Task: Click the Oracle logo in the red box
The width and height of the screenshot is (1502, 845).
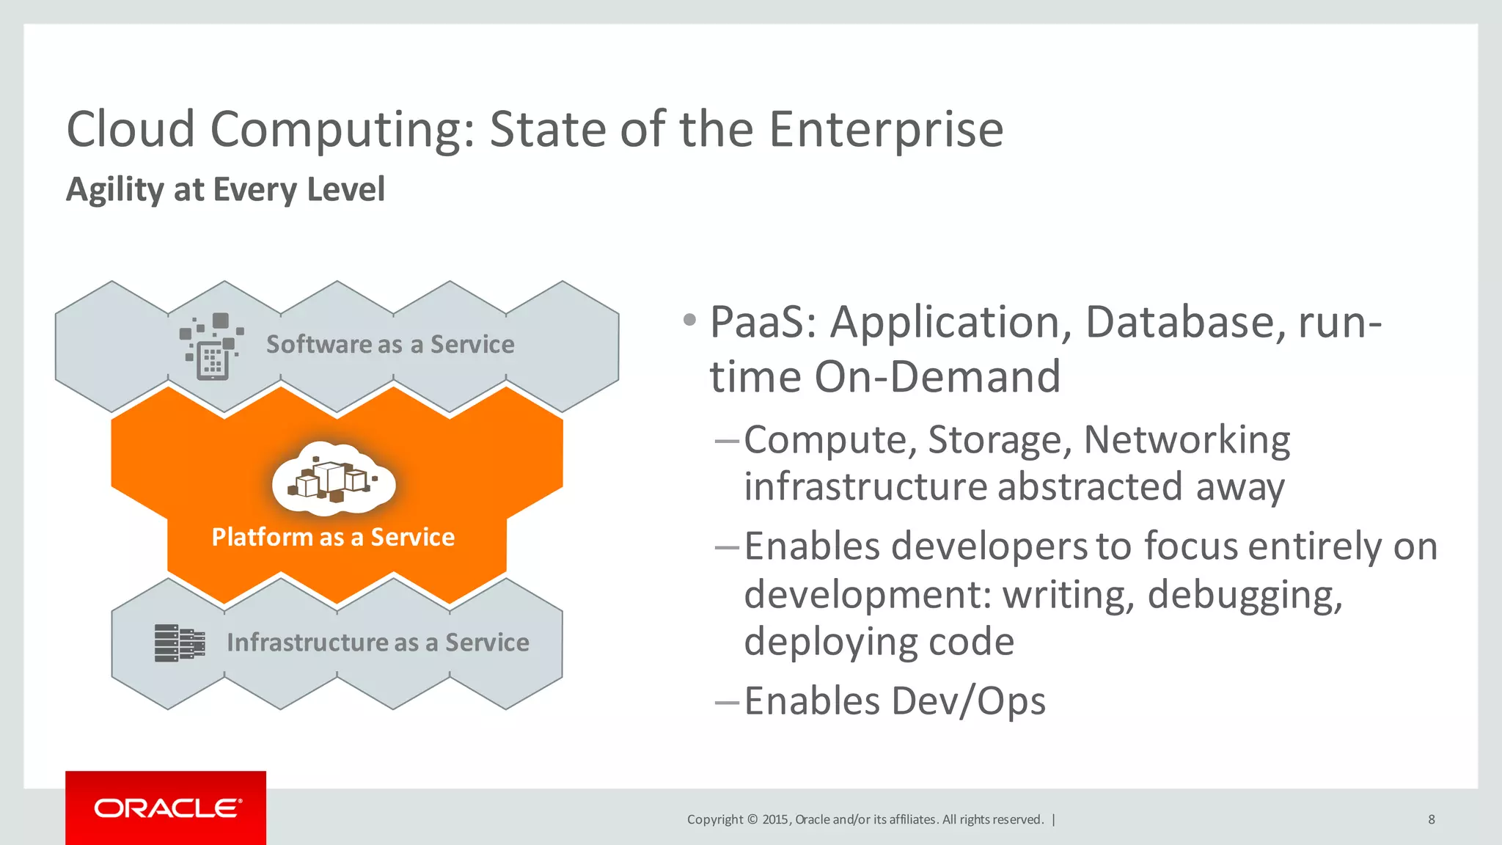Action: click(x=166, y=808)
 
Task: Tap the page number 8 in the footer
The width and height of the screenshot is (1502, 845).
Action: click(x=1431, y=819)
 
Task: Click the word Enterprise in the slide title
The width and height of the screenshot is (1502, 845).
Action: click(x=885, y=129)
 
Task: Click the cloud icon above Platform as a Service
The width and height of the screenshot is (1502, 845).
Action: click(x=334, y=479)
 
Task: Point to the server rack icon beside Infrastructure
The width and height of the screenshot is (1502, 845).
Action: click(x=180, y=643)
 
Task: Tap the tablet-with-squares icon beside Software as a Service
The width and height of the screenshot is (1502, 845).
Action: click(x=211, y=347)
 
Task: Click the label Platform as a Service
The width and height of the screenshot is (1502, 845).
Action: click(x=333, y=537)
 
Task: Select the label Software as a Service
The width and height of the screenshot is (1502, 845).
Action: click(x=390, y=344)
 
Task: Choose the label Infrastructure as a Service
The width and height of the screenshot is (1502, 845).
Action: click(x=378, y=643)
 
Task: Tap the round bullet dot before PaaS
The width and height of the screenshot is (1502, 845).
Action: click(x=689, y=320)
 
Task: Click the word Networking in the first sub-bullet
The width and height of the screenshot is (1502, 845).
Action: click(x=1187, y=440)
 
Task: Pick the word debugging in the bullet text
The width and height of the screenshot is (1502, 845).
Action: click(x=1245, y=594)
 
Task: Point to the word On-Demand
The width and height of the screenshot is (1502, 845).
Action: click(x=937, y=377)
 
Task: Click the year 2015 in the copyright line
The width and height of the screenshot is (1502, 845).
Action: click(x=775, y=819)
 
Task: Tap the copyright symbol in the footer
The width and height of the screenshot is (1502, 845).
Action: click(x=752, y=819)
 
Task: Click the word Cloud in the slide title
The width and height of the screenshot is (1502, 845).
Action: click(x=131, y=129)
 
